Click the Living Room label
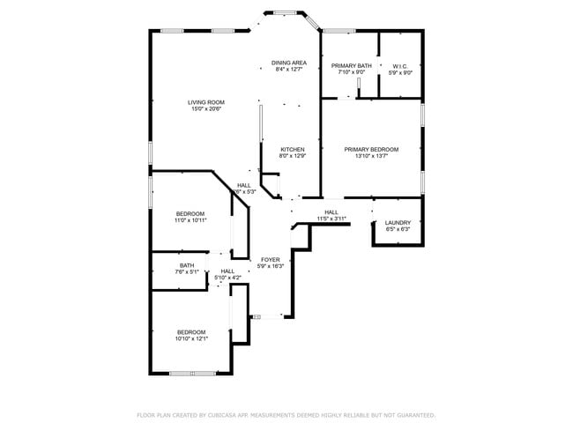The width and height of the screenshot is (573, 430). pyautogui.click(x=205, y=102)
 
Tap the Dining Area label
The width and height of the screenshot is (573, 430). pyautogui.click(x=288, y=63)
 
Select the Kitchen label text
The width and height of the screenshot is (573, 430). pyautogui.click(x=293, y=150)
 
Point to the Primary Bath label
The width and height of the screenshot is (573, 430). pyautogui.click(x=352, y=66)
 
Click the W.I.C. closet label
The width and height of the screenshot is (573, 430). pyautogui.click(x=400, y=66)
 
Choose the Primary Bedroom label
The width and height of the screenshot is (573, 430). pyautogui.click(x=371, y=150)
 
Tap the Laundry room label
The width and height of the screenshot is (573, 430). pyautogui.click(x=398, y=222)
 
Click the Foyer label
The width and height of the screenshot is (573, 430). pyautogui.click(x=270, y=260)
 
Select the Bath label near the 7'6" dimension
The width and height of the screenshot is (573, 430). pyautogui.click(x=187, y=265)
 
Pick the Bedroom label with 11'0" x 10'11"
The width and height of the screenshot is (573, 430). pyautogui.click(x=190, y=214)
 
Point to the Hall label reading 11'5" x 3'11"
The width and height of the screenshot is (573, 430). pyautogui.click(x=331, y=212)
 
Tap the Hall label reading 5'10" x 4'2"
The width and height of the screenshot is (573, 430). pyautogui.click(x=227, y=271)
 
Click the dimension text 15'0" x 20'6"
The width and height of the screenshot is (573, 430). pyautogui.click(x=205, y=109)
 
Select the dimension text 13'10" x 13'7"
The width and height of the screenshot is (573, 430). pyautogui.click(x=371, y=157)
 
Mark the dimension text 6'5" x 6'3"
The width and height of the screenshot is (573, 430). pyautogui.click(x=398, y=229)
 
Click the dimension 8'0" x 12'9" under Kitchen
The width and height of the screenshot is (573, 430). pyautogui.click(x=293, y=157)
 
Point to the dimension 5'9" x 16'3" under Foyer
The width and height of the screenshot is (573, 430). pyautogui.click(x=270, y=267)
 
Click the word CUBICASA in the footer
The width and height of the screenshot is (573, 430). pyautogui.click(x=219, y=414)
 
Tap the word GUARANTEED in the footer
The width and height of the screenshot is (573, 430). pyautogui.click(x=413, y=414)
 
